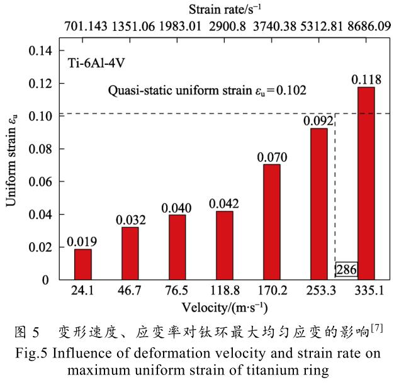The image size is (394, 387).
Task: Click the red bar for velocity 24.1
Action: [82, 264]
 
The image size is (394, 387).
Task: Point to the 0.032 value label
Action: [130, 220]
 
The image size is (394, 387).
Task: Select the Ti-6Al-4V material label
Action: [94, 64]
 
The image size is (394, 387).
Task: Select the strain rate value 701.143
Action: [86, 27]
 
